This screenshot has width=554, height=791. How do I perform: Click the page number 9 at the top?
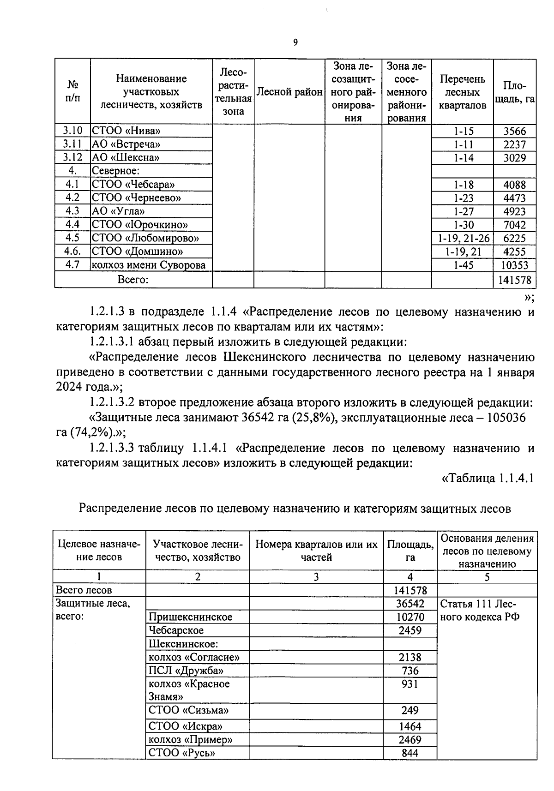click(x=295, y=43)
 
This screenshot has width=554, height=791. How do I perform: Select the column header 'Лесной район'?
click(x=289, y=92)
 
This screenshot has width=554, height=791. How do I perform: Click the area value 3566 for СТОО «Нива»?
click(x=514, y=131)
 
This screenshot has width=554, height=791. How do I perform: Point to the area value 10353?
click(x=514, y=265)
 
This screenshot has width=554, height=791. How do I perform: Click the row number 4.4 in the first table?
click(x=72, y=225)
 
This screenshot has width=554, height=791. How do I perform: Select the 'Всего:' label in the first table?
click(x=133, y=279)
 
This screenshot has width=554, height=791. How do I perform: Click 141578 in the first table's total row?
click(x=514, y=280)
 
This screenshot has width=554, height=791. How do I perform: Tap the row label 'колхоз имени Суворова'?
click(x=148, y=265)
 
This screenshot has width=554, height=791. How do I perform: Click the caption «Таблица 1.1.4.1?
click(x=488, y=479)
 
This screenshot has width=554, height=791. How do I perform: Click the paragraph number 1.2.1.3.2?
click(x=112, y=402)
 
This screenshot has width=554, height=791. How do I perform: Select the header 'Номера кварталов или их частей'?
click(x=316, y=551)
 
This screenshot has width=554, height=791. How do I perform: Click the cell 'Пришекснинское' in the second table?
click(x=190, y=617)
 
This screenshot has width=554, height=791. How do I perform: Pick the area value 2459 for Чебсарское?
click(x=410, y=630)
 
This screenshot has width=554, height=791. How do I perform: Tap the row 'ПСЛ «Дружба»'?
click(x=186, y=671)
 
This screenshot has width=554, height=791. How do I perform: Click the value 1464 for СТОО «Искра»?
click(x=410, y=726)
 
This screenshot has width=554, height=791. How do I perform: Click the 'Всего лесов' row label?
click(x=84, y=590)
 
